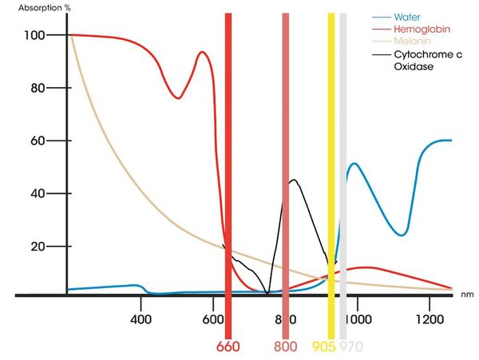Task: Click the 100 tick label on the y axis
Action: [34, 35]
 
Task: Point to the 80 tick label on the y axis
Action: [38, 88]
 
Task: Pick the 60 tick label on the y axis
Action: [38, 140]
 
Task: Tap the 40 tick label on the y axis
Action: [38, 193]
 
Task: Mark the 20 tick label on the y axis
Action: [38, 246]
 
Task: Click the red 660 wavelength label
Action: [228, 347]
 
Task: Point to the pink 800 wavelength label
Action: [286, 347]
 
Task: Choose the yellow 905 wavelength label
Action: [323, 347]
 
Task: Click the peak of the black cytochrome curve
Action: [294, 180]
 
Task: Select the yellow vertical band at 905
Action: [331, 160]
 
